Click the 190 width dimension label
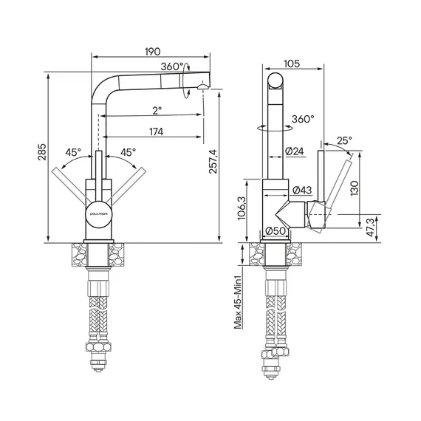152,51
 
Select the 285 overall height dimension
42,152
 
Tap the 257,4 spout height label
213,161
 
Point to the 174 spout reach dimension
157,131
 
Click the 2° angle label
157,110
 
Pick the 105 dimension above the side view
292,64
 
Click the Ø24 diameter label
295,151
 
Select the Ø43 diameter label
302,190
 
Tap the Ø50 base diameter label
275,230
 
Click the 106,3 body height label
242,208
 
